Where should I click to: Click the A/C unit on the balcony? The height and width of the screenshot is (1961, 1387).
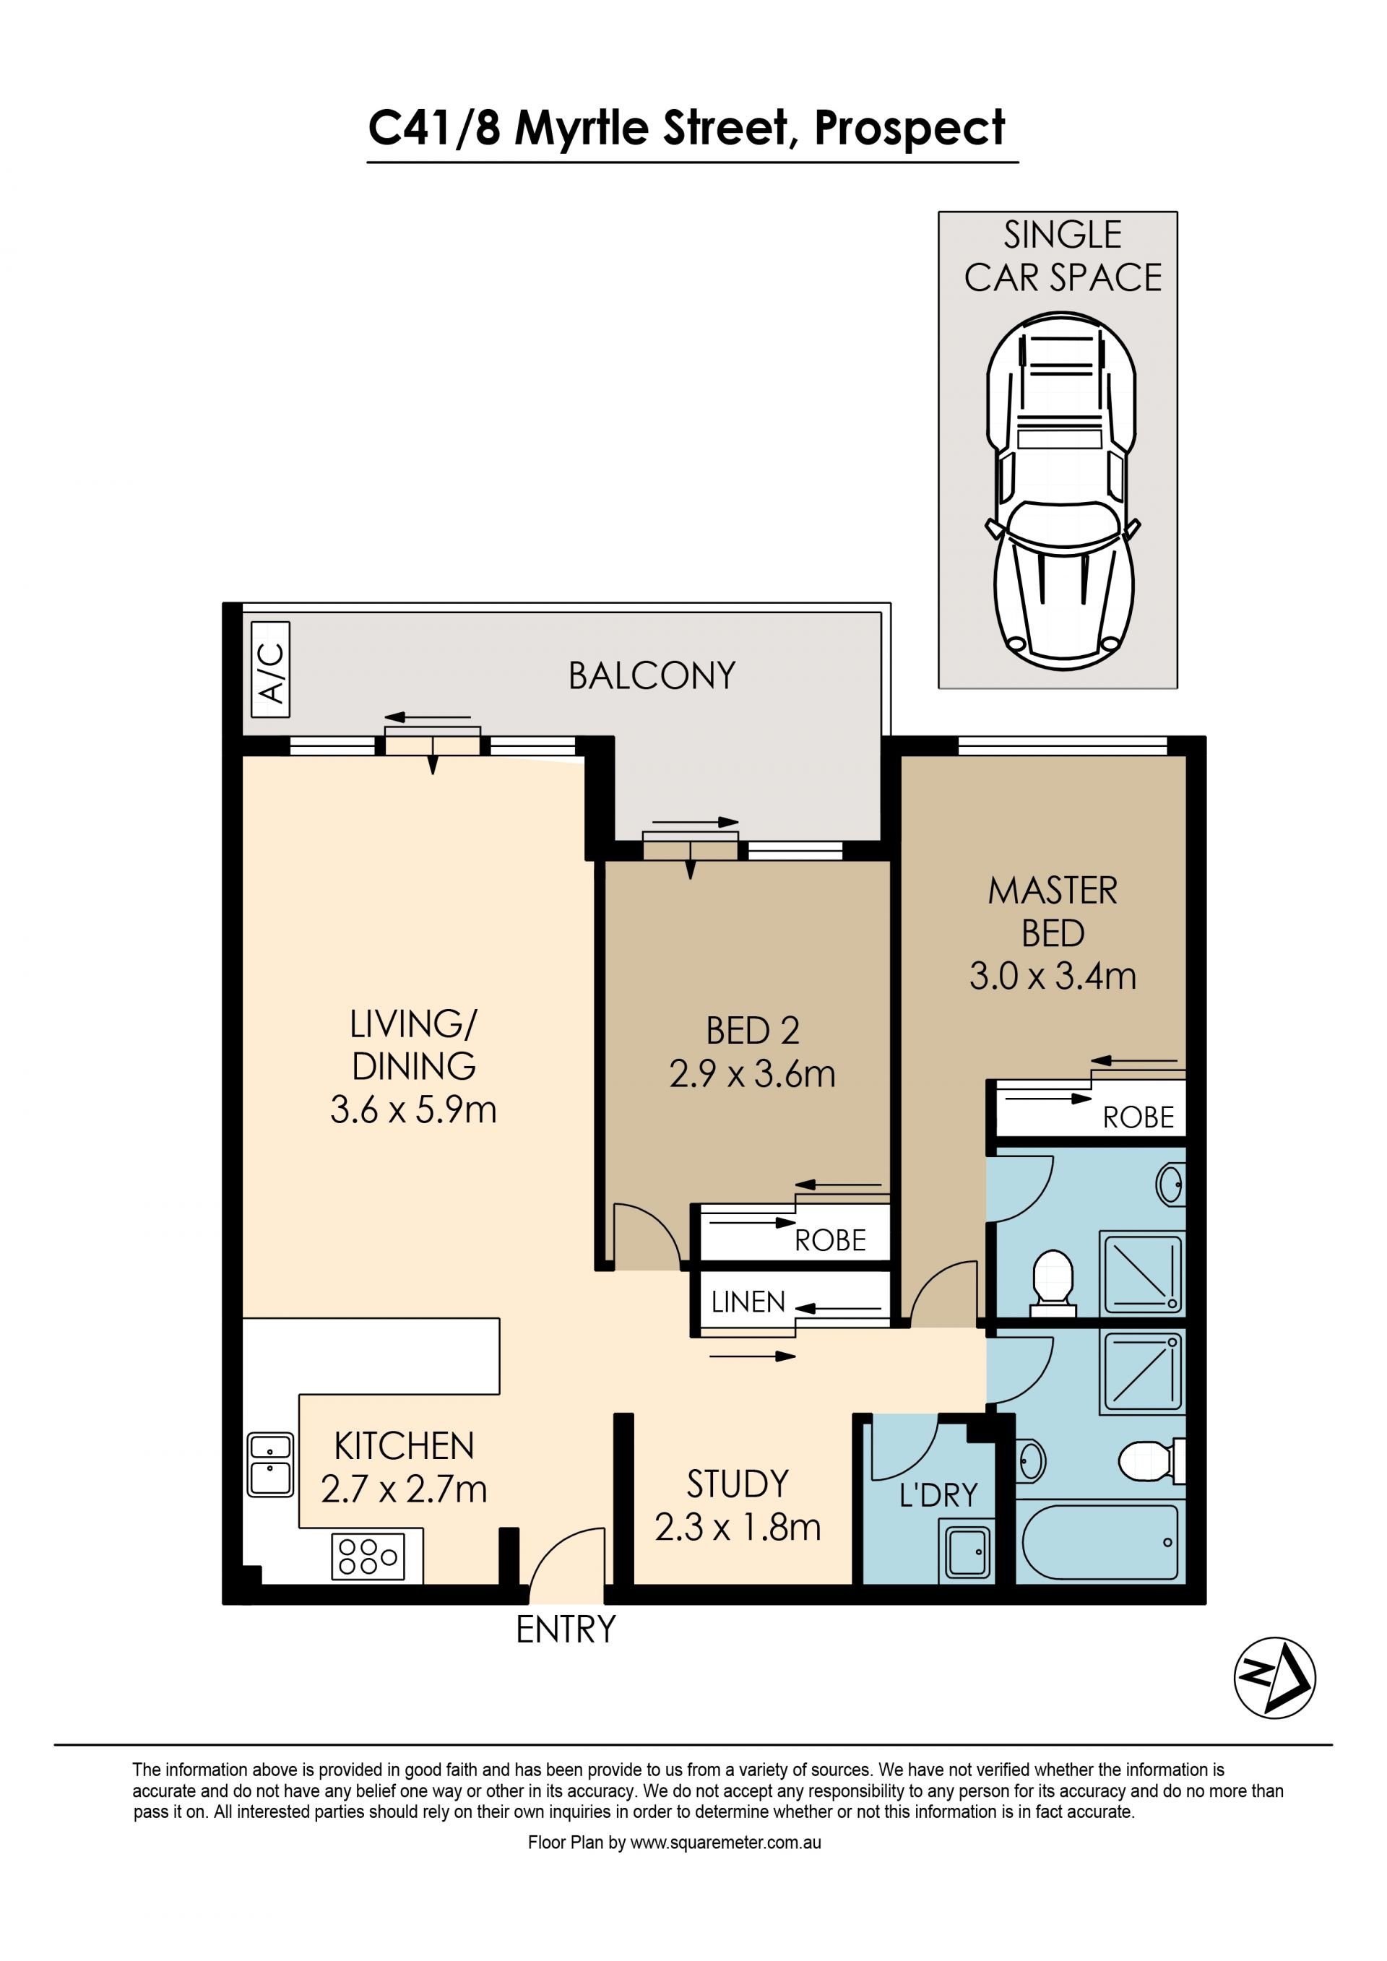pyautogui.click(x=271, y=670)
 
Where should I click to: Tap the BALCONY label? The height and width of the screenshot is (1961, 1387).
pyautogui.click(x=652, y=677)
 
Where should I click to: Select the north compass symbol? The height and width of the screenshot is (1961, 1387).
pyautogui.click(x=1274, y=1676)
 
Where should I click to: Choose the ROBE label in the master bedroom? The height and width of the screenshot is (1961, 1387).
pyautogui.click(x=1138, y=1117)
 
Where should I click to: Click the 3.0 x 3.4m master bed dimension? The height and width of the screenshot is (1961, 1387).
pyautogui.click(x=1053, y=977)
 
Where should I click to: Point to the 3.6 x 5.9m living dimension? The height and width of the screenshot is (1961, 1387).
pyautogui.click(x=413, y=1109)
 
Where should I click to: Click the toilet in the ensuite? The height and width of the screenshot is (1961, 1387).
pyautogui.click(x=1053, y=1283)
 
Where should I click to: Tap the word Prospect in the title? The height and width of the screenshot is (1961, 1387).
pyautogui.click(x=909, y=130)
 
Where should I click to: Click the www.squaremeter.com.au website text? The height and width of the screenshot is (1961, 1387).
pyautogui.click(x=726, y=1843)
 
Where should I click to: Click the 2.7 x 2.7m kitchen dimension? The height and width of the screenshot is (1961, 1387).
pyautogui.click(x=404, y=1489)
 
